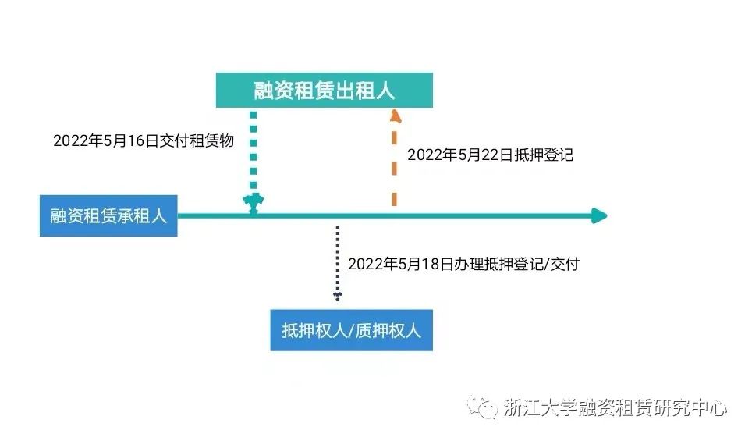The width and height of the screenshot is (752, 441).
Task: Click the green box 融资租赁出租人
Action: click(324, 91)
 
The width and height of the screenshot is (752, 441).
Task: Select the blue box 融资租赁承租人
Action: click(108, 216)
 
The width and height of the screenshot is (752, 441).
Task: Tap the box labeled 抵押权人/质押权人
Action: click(351, 330)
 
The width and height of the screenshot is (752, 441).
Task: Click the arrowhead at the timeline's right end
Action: click(598, 216)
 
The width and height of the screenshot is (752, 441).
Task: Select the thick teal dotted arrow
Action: click(253, 156)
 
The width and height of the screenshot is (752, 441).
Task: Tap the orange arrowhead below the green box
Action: click(396, 116)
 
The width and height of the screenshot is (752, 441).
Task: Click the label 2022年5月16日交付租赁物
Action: click(144, 140)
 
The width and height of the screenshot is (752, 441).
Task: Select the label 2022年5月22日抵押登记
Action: click(490, 155)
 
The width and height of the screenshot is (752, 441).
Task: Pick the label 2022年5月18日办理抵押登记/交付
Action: click(463, 264)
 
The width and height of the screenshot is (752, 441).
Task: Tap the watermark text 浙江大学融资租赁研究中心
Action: click(615, 407)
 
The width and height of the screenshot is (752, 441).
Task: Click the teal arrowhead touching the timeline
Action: click(253, 204)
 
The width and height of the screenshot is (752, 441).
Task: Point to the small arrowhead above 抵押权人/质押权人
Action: click(337, 296)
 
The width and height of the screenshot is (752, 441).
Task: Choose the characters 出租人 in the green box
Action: click(365, 91)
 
